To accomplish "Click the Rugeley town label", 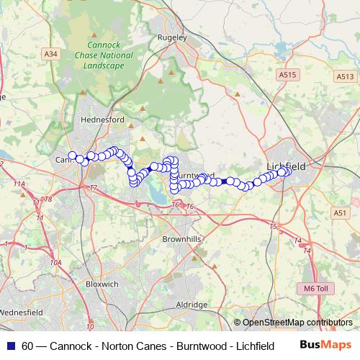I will point(175,37).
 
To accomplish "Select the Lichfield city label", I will point(287,166).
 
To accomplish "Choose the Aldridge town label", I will point(192,305).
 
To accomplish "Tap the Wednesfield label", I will point(22,312).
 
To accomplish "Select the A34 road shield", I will point(50,53).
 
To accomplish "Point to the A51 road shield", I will point(340,212).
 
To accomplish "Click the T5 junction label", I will point(274,227).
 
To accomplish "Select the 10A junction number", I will point(55,264).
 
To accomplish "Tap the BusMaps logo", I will point(325,346).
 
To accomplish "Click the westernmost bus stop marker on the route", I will point(72,155).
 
